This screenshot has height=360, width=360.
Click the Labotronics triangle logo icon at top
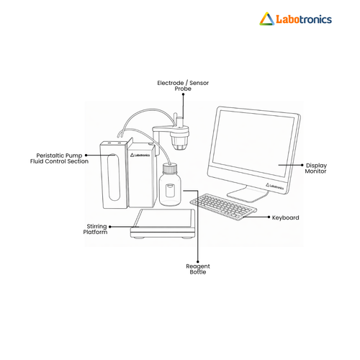[x=267, y=19]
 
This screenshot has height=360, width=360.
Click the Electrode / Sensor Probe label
[x=183, y=86]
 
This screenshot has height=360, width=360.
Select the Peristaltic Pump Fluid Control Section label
[x=59, y=158]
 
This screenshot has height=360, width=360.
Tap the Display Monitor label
[x=316, y=168]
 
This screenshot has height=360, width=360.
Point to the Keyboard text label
[x=285, y=217]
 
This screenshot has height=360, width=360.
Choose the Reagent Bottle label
[x=198, y=269]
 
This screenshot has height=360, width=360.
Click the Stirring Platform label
[x=95, y=229]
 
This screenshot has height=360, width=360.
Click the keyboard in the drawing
[x=223, y=207]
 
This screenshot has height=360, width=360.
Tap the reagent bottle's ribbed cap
[x=170, y=168]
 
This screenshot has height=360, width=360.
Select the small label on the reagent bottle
[x=170, y=190]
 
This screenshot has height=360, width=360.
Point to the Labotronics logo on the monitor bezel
[x=274, y=186]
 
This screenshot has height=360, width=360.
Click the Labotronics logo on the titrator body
[x=140, y=155]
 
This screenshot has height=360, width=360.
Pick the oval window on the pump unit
[x=114, y=177]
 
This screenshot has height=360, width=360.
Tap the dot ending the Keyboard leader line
[x=269, y=217]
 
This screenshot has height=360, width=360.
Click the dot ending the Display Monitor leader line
[x=302, y=165]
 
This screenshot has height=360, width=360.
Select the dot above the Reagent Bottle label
[x=198, y=261]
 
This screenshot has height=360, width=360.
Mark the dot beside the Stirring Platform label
[x=110, y=227]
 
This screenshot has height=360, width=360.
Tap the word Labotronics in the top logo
[x=304, y=19]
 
